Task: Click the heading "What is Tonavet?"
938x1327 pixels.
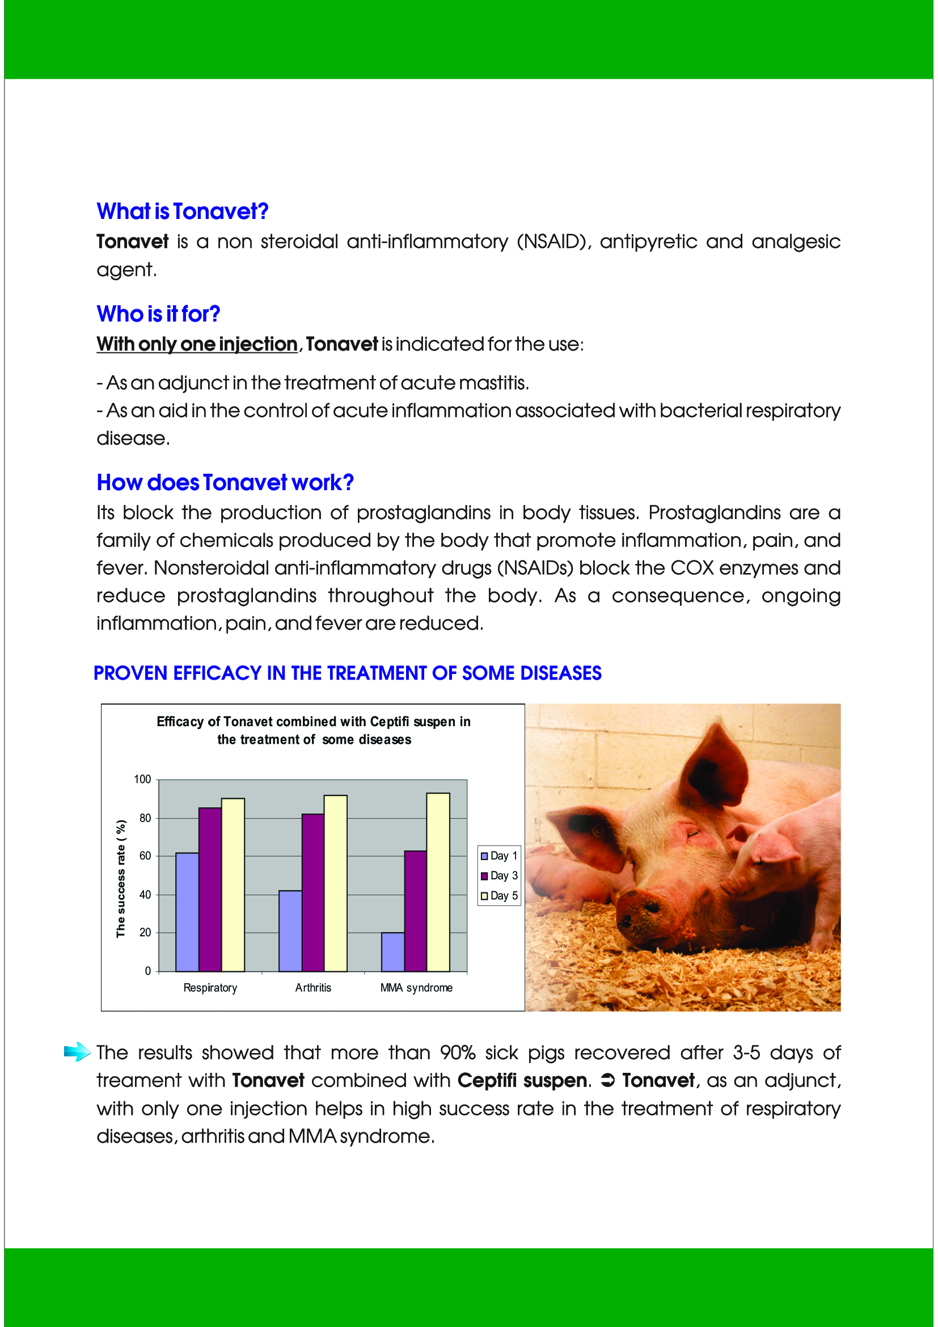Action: [x=183, y=212]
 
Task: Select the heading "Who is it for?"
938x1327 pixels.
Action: [x=158, y=314]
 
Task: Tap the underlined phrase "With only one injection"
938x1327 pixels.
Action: [x=197, y=344]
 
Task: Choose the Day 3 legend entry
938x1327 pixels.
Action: [x=500, y=875]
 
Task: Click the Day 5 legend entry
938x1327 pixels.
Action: [x=500, y=896]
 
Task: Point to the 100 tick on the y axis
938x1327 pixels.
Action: [x=142, y=780]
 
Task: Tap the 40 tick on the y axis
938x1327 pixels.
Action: [x=145, y=895]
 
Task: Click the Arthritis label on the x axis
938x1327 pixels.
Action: [x=313, y=988]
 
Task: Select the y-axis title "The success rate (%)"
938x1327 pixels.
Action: [x=121, y=878]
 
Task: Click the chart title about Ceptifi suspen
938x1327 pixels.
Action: [x=314, y=731]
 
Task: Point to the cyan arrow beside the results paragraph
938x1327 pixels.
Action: [x=77, y=1052]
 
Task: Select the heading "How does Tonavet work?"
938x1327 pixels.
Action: [x=225, y=483]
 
